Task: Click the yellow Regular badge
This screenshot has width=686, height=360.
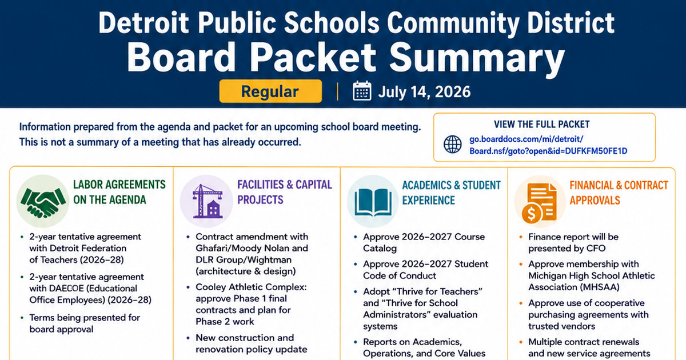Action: (x=270, y=91)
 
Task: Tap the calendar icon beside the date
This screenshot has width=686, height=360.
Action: (x=362, y=91)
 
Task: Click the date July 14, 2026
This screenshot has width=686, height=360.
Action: (x=424, y=92)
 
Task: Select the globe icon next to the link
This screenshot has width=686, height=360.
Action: (x=453, y=144)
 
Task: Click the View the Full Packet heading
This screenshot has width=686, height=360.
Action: (x=541, y=125)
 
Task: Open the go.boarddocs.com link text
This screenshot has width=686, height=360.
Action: (x=548, y=145)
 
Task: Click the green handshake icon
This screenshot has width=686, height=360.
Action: (x=43, y=202)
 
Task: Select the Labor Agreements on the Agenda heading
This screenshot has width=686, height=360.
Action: (x=119, y=192)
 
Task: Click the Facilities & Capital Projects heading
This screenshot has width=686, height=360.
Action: (x=285, y=192)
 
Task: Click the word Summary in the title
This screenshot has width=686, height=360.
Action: (x=477, y=57)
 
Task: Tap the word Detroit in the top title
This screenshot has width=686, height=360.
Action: (x=143, y=23)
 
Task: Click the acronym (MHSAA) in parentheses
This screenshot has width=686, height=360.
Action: (x=593, y=287)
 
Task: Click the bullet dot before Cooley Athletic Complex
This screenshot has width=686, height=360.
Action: (x=188, y=287)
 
